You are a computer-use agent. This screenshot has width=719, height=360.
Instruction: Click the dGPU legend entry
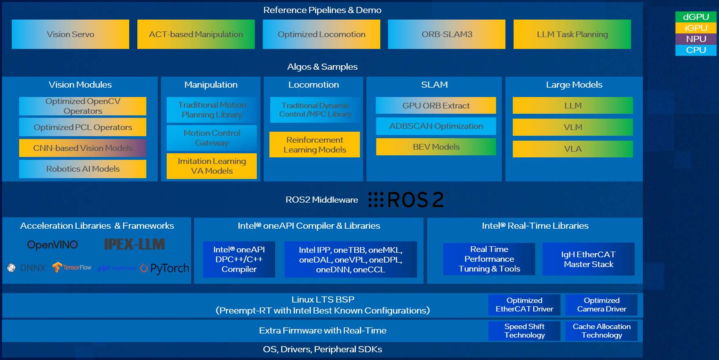coord(696,17)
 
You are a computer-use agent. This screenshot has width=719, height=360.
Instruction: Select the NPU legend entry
coord(696,39)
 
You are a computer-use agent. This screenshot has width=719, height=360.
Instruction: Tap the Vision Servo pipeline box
coord(71,34)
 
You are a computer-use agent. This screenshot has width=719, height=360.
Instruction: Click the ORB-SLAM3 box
coord(447,34)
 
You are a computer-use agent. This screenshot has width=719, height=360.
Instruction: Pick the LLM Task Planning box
coord(572,34)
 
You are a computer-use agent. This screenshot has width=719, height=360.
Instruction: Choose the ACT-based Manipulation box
coord(196,34)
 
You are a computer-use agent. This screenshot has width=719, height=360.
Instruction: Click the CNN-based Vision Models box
coord(83,148)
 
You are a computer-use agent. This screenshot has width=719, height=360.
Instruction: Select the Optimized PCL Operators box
coord(83,127)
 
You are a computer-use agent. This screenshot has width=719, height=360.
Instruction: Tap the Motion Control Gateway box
coord(212,138)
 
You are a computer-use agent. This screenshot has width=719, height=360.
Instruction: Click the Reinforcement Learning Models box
coord(315,145)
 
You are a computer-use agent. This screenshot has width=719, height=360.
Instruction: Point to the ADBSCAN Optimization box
coord(436,126)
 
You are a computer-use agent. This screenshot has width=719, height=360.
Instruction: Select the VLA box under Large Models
coord(573,149)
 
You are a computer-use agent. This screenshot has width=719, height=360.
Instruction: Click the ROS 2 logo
coord(408,200)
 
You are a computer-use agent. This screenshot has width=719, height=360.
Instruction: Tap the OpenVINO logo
coord(53,245)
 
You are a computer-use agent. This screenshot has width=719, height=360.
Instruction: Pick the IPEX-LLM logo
coord(135,244)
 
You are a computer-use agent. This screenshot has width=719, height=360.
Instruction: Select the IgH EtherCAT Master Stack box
coord(588,259)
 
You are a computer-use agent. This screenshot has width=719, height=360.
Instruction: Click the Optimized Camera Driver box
coord(601,305)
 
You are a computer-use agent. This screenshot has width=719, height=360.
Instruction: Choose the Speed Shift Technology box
coord(524,331)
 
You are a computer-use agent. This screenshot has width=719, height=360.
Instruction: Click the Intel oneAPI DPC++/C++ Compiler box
coord(239,259)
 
